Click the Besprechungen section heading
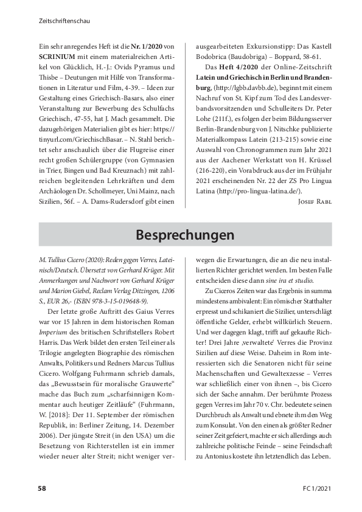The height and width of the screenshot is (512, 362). [181, 234]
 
